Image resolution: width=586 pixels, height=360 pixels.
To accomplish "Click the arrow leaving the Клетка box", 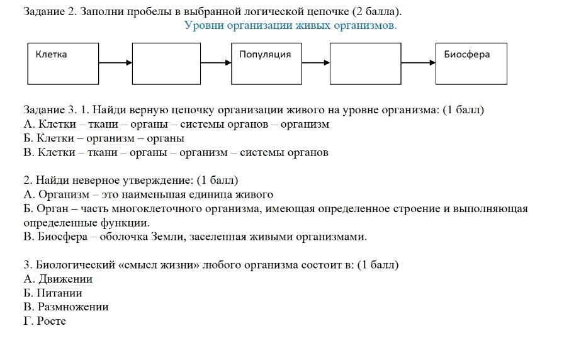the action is pos(115,63).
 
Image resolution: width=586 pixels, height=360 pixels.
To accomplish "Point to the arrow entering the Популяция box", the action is pos(216,63).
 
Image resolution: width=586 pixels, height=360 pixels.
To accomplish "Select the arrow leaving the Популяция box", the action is pos(316,63).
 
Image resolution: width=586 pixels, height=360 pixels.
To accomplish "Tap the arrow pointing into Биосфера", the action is pos(419,63).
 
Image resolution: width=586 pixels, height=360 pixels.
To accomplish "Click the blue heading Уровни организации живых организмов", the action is pos(290,25).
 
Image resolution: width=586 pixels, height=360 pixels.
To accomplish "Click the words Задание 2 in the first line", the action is pos(50,11).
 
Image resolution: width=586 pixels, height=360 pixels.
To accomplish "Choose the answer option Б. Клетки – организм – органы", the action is pos(104,138).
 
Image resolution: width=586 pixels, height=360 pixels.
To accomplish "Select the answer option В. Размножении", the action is pos(65,307).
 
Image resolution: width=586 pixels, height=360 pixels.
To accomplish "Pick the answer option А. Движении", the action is pos(58,279).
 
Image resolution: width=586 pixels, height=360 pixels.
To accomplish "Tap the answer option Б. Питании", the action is pos(53,293).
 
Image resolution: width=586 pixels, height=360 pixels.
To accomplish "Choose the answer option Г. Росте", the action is pos(45,321).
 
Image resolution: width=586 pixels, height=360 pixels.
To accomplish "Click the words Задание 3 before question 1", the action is pos(50,110).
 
